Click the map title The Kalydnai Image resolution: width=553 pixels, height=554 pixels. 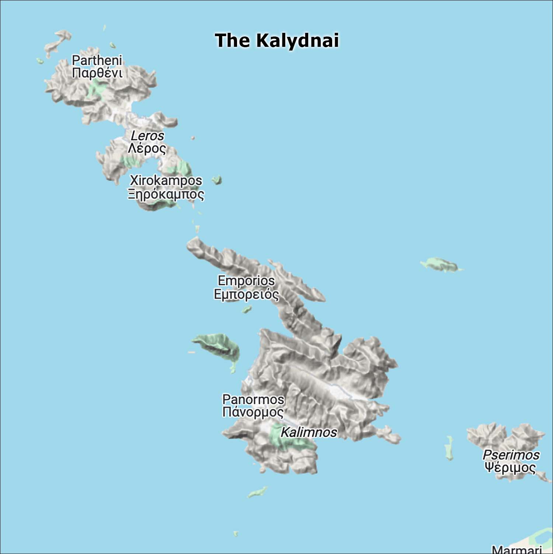pyautogui.click(x=276, y=40)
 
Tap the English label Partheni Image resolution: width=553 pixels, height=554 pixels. pyautogui.click(x=97, y=60)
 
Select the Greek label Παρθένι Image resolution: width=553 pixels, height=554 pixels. pyautogui.click(x=97, y=73)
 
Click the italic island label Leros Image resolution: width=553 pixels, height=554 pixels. pyautogui.click(x=147, y=136)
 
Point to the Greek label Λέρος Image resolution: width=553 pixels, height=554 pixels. pyautogui.click(x=147, y=148)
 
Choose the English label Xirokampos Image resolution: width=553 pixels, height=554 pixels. pyautogui.click(x=166, y=180)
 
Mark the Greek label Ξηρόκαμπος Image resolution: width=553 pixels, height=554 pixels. pyautogui.click(x=166, y=194)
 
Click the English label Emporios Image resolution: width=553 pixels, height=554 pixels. pyautogui.click(x=246, y=281)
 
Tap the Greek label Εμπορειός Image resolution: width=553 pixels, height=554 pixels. pyautogui.click(x=246, y=294)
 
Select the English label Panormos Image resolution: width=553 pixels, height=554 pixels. pyautogui.click(x=253, y=399)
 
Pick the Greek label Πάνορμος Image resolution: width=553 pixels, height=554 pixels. pyautogui.click(x=253, y=412)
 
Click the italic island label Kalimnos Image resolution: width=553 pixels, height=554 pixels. pyautogui.click(x=309, y=432)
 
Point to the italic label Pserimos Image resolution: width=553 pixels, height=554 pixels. pyautogui.click(x=511, y=455)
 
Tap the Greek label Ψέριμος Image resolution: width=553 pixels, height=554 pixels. pyautogui.click(x=510, y=468)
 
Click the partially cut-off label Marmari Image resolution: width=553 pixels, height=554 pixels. pyautogui.click(x=517, y=549)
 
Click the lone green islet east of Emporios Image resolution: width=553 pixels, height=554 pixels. pyautogui.click(x=441, y=264)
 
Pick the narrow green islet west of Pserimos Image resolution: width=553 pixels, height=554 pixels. pyautogui.click(x=449, y=447)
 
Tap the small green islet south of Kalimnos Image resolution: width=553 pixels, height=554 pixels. pyautogui.click(x=257, y=492)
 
